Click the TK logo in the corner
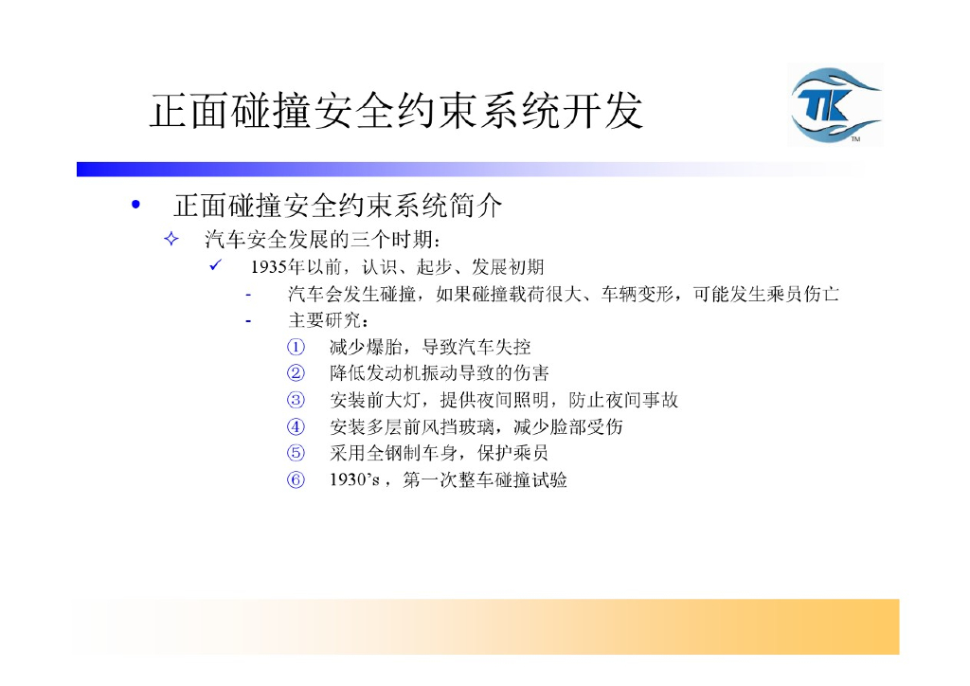click(x=835, y=104)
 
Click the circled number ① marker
click(x=296, y=347)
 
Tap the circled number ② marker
click(x=296, y=373)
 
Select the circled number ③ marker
click(x=296, y=400)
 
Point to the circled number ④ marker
click(x=296, y=426)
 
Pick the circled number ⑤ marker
click(x=296, y=453)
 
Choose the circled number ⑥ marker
click(x=296, y=479)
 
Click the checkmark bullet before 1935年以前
click(x=215, y=265)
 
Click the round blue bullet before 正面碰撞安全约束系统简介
click(x=137, y=205)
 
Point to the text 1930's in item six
click(x=353, y=480)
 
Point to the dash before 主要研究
click(x=249, y=320)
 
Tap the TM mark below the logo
click(x=854, y=140)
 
